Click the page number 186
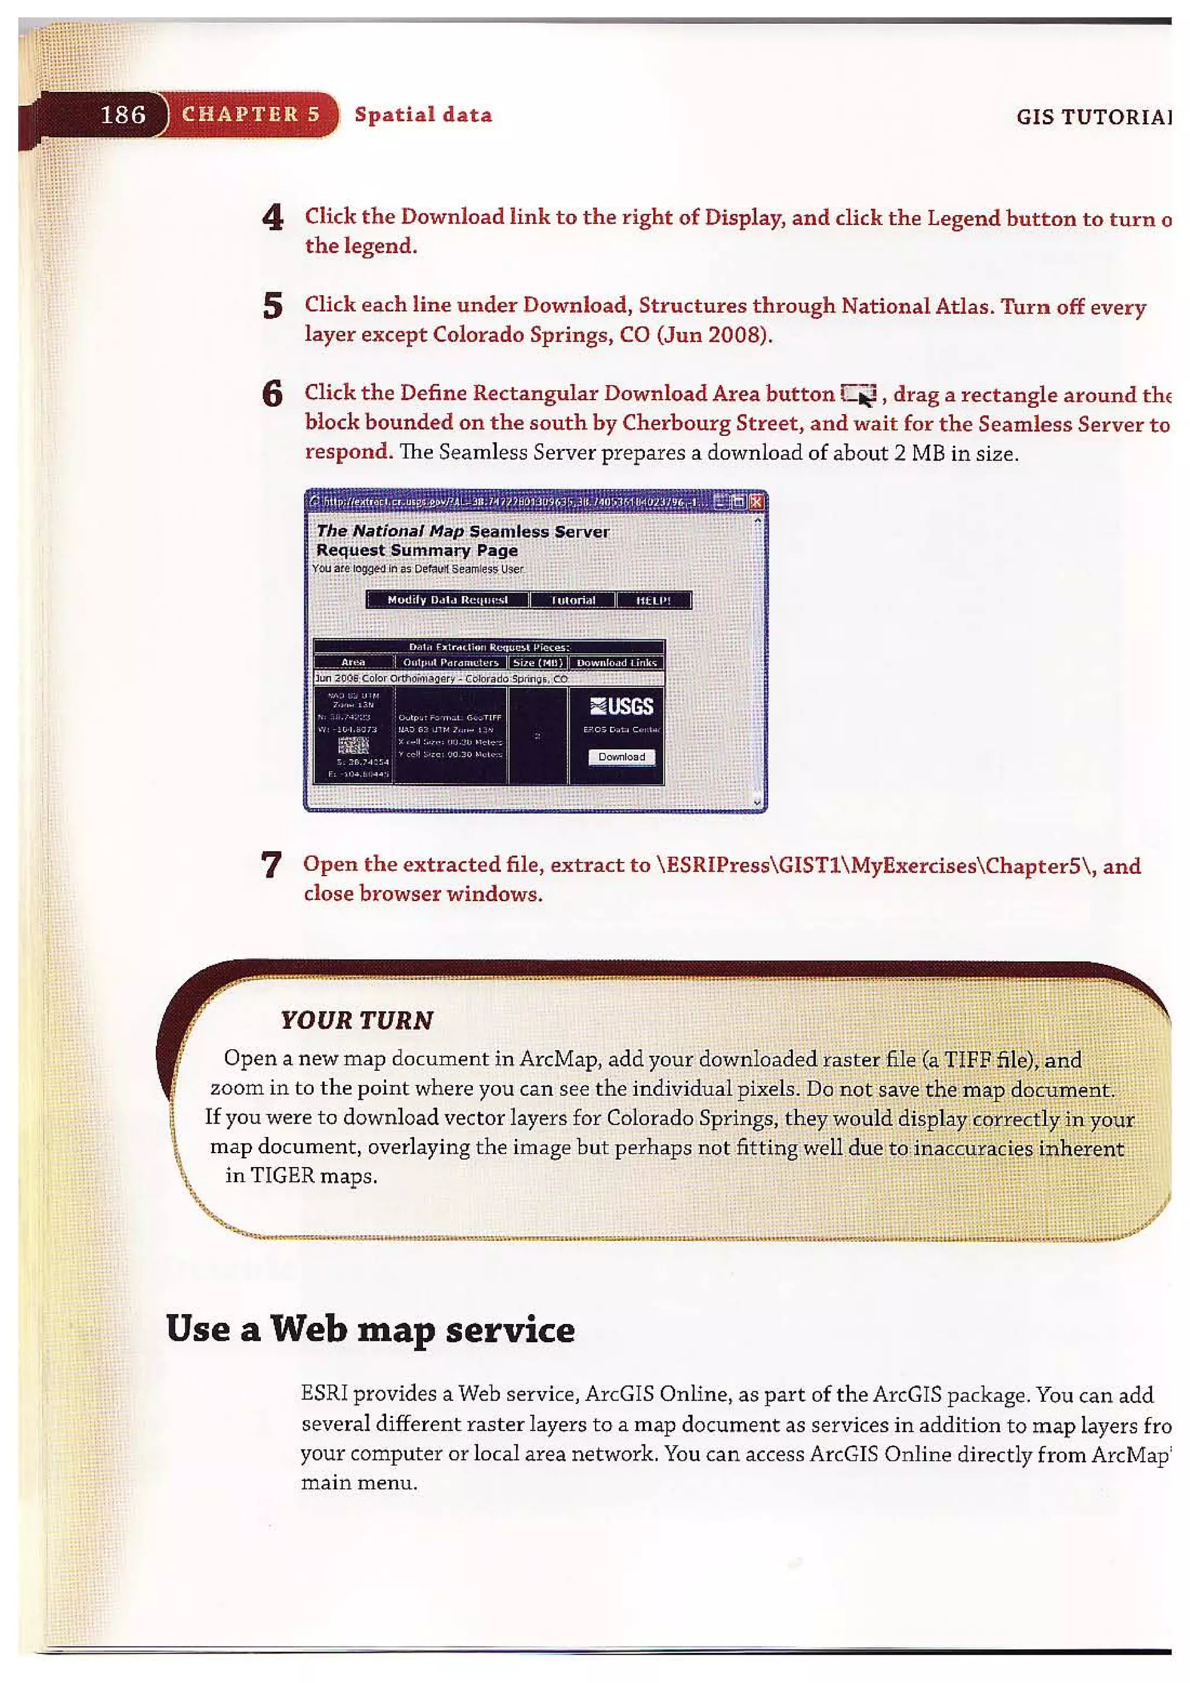[123, 115]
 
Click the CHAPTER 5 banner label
[251, 114]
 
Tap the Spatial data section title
[423, 115]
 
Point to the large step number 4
[273, 218]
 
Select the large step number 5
[273, 306]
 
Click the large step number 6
[273, 394]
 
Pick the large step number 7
[271, 866]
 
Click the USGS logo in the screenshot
[622, 706]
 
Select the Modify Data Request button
[447, 600]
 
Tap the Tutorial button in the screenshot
[573, 600]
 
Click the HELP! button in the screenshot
[653, 600]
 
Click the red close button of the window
[757, 502]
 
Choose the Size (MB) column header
[537, 663]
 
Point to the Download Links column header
[616, 663]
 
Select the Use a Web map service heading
[370, 1330]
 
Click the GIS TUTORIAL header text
[1092, 117]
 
